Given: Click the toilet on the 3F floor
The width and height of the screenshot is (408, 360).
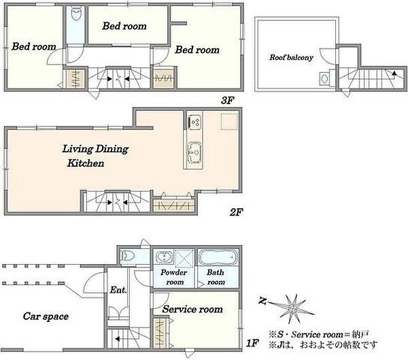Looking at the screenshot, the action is coord(75,14).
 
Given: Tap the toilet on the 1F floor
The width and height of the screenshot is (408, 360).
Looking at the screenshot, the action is coord(127,256).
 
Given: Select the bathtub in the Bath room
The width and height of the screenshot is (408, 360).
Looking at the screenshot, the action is coord(218,257).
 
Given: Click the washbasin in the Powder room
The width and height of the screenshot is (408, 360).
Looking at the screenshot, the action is coord(165,257).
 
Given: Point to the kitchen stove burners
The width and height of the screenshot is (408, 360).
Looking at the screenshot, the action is coord(194,122).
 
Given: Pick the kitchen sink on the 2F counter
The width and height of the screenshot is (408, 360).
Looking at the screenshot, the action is coord(194,152).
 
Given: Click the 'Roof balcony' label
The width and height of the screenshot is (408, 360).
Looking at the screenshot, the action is coord(291,57).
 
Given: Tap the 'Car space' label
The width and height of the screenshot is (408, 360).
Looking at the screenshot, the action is coord(46,316).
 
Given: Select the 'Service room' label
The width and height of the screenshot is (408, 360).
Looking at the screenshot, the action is coord(192,309).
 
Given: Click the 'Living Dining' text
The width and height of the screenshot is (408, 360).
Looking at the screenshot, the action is coord(95,149).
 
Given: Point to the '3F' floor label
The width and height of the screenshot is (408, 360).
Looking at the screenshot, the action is coord(228,100).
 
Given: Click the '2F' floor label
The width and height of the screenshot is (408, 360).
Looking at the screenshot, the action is coord(236,212).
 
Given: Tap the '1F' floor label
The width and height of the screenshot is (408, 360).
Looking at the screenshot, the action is coord(252,343).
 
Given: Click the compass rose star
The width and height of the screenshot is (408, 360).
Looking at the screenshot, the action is coord(294,309).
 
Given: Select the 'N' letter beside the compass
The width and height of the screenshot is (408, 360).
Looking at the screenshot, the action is coord(262,301).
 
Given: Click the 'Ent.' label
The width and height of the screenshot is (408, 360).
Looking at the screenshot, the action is coord(118,290).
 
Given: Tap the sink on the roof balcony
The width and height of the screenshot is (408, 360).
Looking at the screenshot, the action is coord(324,79).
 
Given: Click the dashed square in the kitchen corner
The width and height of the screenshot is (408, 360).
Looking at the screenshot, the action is coord(229,121).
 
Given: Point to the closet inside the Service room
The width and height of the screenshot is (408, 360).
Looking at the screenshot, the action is coord(160,333).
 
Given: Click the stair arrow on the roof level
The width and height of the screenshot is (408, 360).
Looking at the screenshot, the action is coord(394,73).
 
